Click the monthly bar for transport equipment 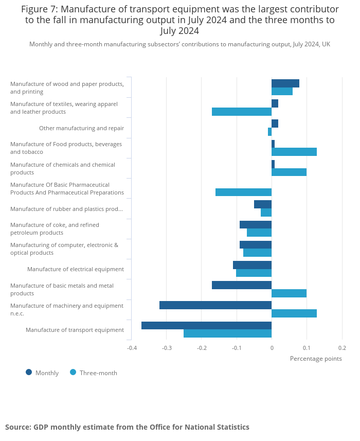tap(206, 325)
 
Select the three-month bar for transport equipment tap(227, 333)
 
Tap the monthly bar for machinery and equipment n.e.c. tap(215, 305)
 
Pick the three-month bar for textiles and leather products tap(242, 112)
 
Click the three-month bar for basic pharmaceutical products tap(243, 192)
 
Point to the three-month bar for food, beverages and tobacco tap(294, 152)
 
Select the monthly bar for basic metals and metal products tap(242, 285)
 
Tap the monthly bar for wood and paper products tap(285, 83)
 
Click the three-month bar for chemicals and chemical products tap(289, 172)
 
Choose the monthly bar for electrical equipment tap(252, 265)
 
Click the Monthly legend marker tap(29, 373)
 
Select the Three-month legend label tap(98, 373)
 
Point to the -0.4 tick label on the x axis tap(132, 348)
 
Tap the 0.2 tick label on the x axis tap(342, 348)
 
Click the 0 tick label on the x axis tap(272, 348)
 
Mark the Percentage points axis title tap(316, 359)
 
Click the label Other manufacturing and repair tap(81, 128)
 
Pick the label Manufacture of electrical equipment tap(76, 269)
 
